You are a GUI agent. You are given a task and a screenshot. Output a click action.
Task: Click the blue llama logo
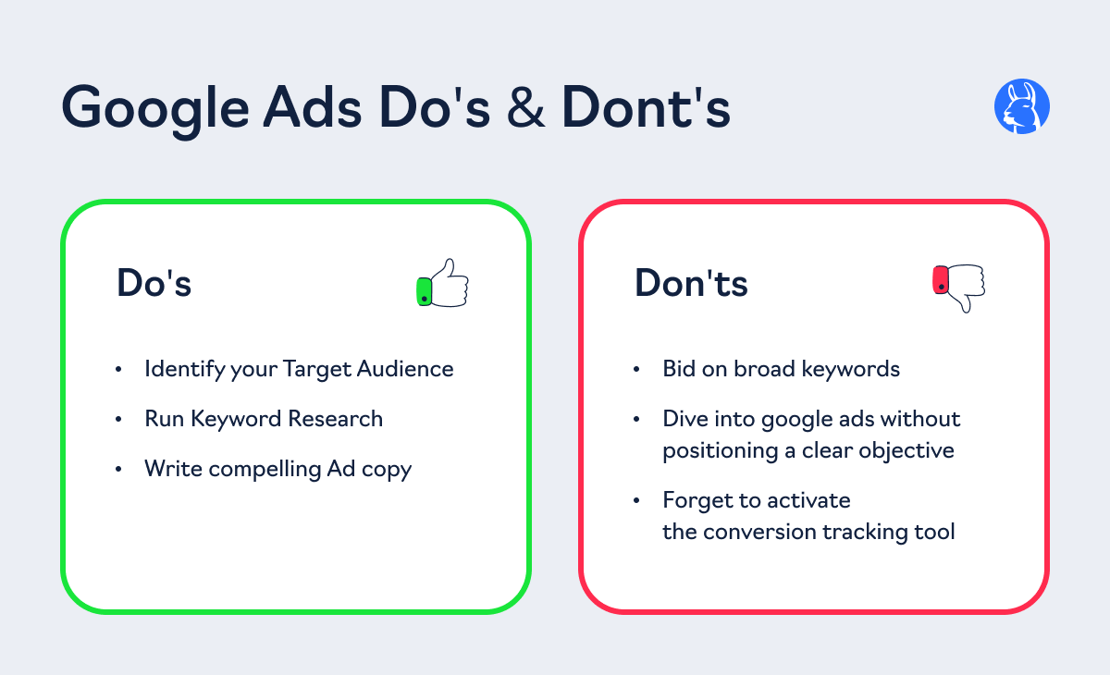click(x=1022, y=106)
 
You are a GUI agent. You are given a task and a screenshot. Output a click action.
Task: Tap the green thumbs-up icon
click(x=442, y=283)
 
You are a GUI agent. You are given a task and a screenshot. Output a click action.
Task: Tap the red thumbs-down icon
click(x=959, y=288)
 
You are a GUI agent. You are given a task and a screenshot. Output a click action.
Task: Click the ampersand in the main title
click(x=525, y=107)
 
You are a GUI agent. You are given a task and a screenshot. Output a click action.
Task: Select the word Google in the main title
click(x=155, y=110)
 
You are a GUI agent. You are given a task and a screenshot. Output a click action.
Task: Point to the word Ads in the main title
click(x=313, y=107)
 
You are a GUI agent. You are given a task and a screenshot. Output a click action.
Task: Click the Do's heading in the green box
click(x=154, y=283)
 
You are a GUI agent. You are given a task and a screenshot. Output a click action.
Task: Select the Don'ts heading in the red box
click(x=691, y=283)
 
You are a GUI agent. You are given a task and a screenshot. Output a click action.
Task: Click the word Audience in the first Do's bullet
click(x=405, y=369)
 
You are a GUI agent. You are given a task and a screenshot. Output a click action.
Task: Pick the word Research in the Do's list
click(x=336, y=419)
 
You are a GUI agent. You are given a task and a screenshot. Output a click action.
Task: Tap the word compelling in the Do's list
click(x=265, y=469)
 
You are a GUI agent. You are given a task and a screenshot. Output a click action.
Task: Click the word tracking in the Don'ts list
click(x=865, y=533)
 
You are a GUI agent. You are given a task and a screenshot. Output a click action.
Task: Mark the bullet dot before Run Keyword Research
click(x=118, y=420)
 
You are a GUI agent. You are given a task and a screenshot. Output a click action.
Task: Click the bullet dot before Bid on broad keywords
click(x=636, y=369)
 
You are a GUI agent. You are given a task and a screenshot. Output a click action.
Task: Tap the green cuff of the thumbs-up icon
click(x=425, y=291)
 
